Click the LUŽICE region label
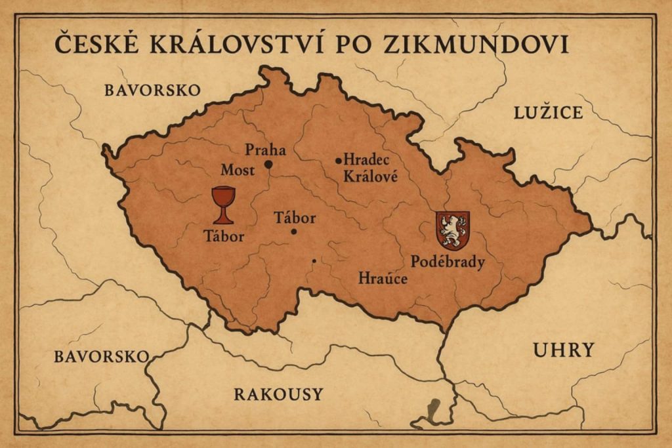pyautogui.click(x=548, y=113)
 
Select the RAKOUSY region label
pyautogui.click(x=278, y=394)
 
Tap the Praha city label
pyautogui.click(x=265, y=150)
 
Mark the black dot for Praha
pyautogui.click(x=268, y=164)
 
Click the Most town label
pyautogui.click(x=238, y=171)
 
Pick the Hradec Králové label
pyautogui.click(x=367, y=169)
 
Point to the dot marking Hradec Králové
pyautogui.click(x=339, y=160)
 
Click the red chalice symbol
pyautogui.click(x=223, y=204)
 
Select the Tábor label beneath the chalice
pyautogui.click(x=223, y=236)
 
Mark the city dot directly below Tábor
pyautogui.click(x=293, y=232)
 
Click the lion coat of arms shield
pyautogui.click(x=453, y=230)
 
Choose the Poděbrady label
pyautogui.click(x=448, y=262)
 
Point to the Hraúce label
pyautogui.click(x=383, y=279)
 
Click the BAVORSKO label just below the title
pyautogui.click(x=152, y=91)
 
